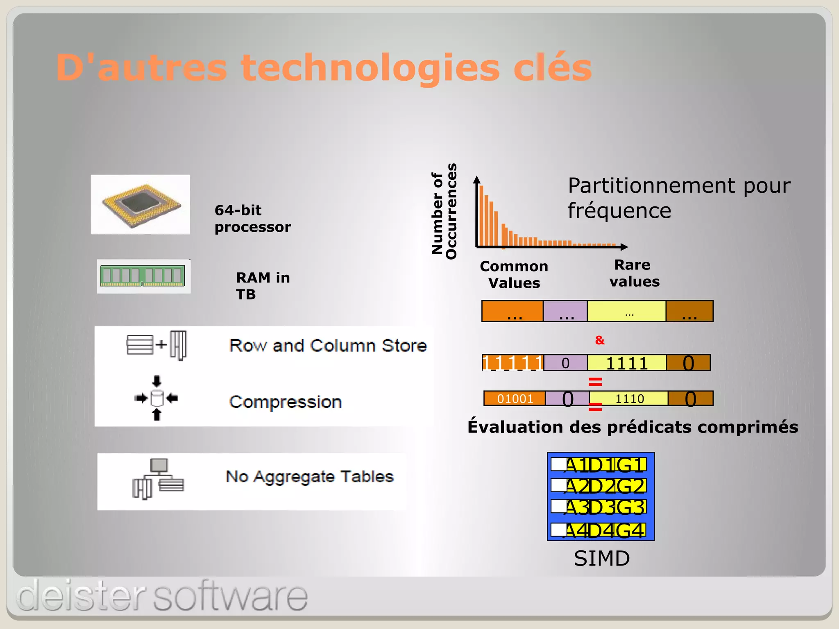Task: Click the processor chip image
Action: click(141, 205)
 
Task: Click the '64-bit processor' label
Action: click(252, 219)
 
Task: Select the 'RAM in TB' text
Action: click(263, 286)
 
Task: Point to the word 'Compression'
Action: click(285, 402)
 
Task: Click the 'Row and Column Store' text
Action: click(328, 345)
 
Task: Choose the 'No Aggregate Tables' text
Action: click(310, 476)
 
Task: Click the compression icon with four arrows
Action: click(156, 398)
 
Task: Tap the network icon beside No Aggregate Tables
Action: click(158, 478)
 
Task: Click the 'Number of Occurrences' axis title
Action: click(444, 211)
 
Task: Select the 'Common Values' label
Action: click(514, 274)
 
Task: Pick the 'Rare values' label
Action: click(634, 273)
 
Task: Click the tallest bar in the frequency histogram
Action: click(482, 216)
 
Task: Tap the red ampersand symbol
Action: click(600, 340)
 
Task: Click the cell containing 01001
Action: click(515, 398)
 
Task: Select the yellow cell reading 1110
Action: click(629, 398)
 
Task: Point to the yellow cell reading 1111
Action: click(627, 363)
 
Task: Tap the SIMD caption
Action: click(601, 558)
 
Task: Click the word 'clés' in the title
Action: click(553, 68)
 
